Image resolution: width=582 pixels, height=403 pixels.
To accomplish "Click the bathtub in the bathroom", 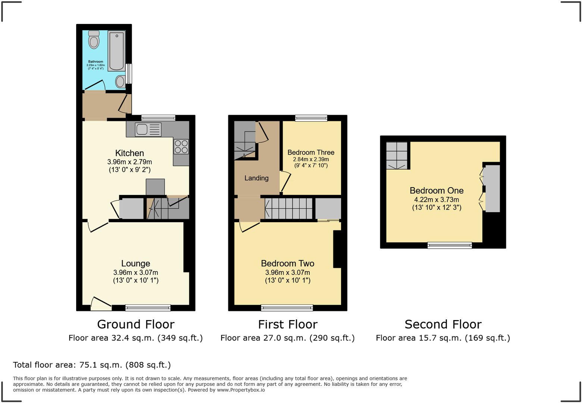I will pyautogui.click(x=117, y=51).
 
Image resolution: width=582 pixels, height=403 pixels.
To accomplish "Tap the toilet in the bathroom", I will pyautogui.click(x=94, y=40).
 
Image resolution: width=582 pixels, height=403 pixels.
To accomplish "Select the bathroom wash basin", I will pyautogui.click(x=120, y=81).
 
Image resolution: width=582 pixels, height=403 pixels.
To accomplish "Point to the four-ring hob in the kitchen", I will pyautogui.click(x=181, y=146).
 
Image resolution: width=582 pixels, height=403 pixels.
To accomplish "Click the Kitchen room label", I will pyautogui.click(x=129, y=153).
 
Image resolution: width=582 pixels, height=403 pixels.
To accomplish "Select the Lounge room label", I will pyautogui.click(x=135, y=264).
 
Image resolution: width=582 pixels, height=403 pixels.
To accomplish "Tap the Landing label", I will pyautogui.click(x=256, y=178).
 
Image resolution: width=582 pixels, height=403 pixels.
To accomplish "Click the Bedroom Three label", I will pyautogui.click(x=311, y=152).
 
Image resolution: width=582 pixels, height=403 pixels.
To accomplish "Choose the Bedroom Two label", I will pyautogui.click(x=287, y=264).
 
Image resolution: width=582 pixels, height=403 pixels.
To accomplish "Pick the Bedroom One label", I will pyautogui.click(x=436, y=190).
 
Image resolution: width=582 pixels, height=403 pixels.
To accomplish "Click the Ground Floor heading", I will pyautogui.click(x=135, y=324).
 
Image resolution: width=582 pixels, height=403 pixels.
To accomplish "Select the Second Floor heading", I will pyautogui.click(x=443, y=324).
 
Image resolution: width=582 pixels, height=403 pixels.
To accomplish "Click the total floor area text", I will pyautogui.click(x=92, y=365).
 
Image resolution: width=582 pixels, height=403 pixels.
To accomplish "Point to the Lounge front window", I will pyautogui.click(x=148, y=308).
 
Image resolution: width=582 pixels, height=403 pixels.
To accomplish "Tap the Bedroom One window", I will pyautogui.click(x=450, y=245).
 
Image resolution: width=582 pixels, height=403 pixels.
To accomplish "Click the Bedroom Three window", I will pyautogui.click(x=311, y=118).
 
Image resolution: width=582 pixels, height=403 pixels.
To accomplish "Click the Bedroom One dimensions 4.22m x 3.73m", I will pyautogui.click(x=436, y=200).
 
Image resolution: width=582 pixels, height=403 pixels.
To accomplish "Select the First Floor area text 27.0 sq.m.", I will pyautogui.click(x=287, y=338).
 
